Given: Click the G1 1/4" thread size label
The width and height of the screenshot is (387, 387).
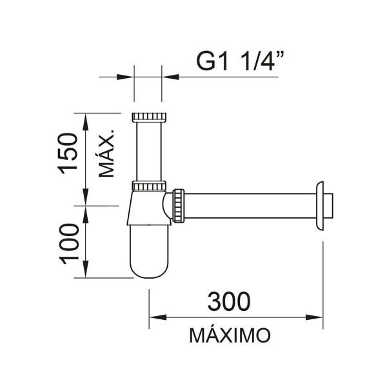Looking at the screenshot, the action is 240,61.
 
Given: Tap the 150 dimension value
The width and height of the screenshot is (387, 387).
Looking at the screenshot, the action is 68,154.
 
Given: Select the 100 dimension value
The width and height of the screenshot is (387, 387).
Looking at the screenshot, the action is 69,244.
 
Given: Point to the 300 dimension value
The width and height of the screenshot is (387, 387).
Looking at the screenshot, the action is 229,301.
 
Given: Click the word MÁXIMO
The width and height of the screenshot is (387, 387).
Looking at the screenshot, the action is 230,335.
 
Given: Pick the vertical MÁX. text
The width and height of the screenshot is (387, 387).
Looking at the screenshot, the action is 106,153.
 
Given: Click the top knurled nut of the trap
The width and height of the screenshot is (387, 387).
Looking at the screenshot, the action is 149,117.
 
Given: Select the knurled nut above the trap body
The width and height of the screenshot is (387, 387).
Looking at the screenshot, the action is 149,186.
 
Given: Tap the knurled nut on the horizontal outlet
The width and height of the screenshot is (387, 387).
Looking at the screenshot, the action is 179,206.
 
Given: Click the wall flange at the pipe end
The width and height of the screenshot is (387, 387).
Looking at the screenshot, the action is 320,206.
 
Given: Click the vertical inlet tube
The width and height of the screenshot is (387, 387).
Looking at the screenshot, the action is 149,152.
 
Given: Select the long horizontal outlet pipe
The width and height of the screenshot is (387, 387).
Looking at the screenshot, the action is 250,206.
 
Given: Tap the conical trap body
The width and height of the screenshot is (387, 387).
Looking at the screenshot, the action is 149,208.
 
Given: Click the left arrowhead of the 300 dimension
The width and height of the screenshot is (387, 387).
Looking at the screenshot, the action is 157,317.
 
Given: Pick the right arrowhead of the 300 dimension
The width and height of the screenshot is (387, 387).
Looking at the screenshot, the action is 314,317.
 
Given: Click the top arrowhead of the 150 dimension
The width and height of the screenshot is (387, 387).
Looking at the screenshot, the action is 85,122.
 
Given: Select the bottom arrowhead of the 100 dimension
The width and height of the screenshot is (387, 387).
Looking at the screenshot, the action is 85,269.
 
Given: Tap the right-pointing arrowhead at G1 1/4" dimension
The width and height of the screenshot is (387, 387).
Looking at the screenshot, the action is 125,77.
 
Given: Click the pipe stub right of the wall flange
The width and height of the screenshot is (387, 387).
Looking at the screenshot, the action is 328,206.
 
